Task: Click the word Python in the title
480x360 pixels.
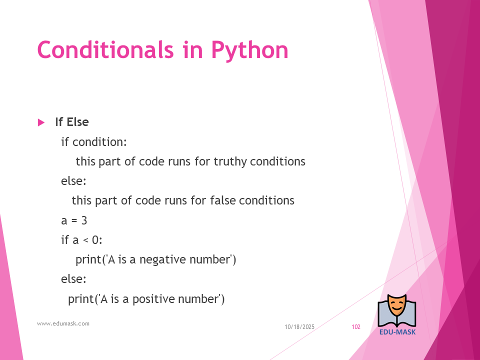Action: (249, 50)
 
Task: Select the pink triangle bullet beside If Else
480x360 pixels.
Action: (41, 122)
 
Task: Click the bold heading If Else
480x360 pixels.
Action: (72, 122)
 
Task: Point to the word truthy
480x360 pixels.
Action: (230, 161)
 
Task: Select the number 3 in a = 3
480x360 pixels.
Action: (84, 220)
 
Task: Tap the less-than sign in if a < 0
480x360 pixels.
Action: (85, 240)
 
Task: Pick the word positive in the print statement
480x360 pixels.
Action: (153, 299)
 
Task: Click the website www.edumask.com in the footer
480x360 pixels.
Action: (63, 323)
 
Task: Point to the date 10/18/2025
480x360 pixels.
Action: (299, 327)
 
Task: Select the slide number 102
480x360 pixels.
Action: (356, 327)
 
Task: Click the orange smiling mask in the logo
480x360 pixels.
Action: (396, 306)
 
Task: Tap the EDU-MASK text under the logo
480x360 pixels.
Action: (397, 332)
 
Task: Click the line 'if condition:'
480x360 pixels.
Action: (94, 142)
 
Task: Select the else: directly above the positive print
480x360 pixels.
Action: (73, 279)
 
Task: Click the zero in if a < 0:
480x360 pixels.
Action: (95, 240)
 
